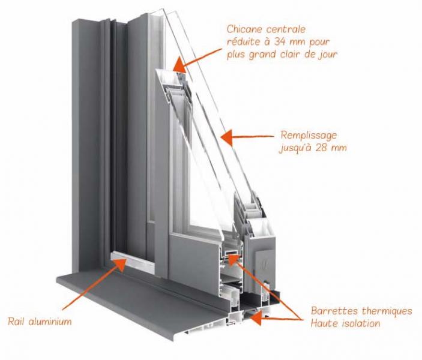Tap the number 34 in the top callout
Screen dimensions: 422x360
point(281,42)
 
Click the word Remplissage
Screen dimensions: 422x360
point(309,136)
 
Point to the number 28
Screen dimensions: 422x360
point(322,148)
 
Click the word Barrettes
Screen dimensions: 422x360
point(334,311)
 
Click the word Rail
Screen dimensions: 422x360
point(17,321)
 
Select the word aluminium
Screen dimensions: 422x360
point(50,321)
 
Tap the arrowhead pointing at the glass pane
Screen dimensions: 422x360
point(227,137)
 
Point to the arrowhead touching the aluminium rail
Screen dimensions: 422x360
point(120,264)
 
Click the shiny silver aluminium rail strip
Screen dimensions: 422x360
point(133,260)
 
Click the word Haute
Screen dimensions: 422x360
point(324,323)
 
